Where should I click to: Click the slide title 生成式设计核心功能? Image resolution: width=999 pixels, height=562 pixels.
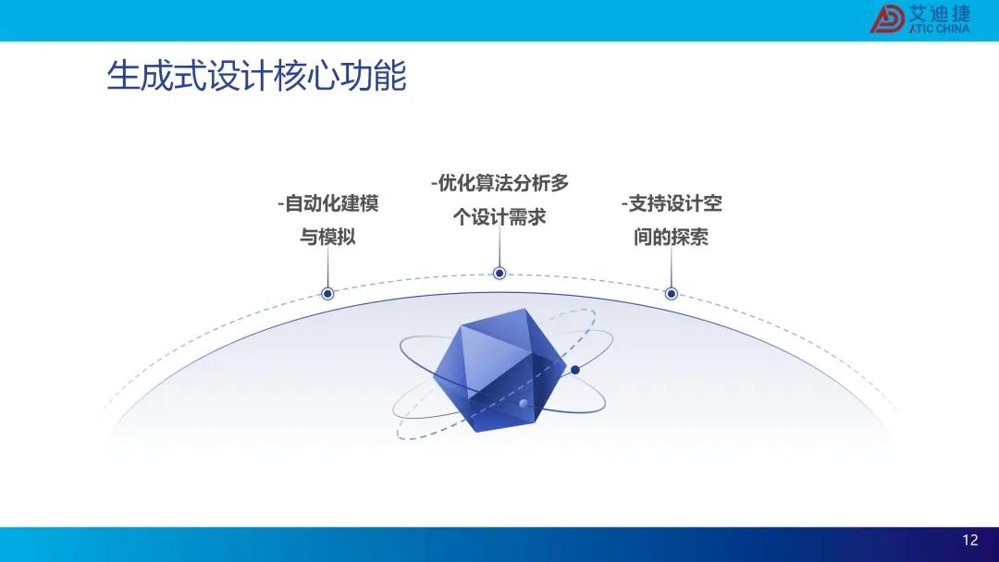pos(257,77)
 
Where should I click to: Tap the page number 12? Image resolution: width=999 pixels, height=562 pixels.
pos(969,540)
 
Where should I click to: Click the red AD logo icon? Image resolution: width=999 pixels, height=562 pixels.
pos(887,19)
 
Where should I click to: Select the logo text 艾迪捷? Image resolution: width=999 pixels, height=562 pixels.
pos(939,14)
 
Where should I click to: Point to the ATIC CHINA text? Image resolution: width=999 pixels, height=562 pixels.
pos(939,29)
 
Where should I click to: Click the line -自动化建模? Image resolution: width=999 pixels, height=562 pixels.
pos(328,203)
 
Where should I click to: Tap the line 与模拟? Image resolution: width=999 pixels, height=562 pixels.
pos(327,237)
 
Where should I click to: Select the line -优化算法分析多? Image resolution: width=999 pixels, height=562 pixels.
pos(499,183)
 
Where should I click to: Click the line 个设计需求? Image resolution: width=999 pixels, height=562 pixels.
pos(499,217)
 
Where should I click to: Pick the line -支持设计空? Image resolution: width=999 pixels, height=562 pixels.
pos(672,203)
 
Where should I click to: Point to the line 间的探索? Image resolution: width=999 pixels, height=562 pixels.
pos(671,237)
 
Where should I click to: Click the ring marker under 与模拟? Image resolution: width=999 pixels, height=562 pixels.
pos(327,293)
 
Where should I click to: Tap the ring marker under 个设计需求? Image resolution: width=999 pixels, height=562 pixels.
pos(499,273)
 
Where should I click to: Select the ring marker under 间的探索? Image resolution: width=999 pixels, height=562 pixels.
pos(671,293)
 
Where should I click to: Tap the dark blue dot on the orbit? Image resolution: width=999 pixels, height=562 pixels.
pos(574,370)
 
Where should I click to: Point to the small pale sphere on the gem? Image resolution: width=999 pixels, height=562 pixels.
pos(524,404)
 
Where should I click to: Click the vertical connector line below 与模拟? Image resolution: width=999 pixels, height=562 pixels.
pos(327,267)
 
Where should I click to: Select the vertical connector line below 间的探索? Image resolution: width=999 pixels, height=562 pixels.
pos(671,267)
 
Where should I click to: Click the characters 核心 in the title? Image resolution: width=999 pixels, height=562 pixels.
pos(306,77)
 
